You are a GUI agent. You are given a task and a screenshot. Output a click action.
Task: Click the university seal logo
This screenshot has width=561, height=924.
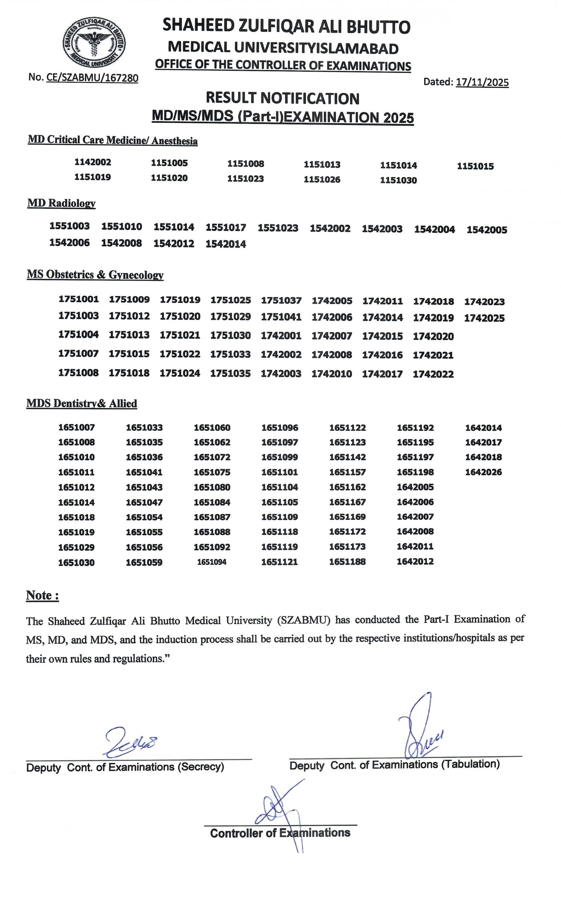tap(94, 43)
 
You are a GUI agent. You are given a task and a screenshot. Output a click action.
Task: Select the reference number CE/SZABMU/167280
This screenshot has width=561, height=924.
tap(92, 78)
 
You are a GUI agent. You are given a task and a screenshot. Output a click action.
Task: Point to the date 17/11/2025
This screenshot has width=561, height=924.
tap(482, 82)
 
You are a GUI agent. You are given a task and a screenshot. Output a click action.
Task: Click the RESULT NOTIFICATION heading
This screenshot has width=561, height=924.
tap(282, 98)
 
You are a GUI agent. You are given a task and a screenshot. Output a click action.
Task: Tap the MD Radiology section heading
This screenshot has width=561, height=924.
tap(61, 203)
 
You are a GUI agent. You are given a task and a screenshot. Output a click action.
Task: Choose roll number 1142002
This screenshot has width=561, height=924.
tap(93, 162)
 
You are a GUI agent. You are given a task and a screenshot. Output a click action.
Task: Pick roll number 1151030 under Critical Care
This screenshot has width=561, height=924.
tap(398, 181)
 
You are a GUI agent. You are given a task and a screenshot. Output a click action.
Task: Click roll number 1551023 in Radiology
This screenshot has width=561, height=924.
tap(278, 228)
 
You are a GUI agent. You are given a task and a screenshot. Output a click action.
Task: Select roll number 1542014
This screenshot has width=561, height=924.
tap(226, 244)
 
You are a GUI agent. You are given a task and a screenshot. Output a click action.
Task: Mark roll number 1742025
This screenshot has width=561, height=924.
tap(484, 319)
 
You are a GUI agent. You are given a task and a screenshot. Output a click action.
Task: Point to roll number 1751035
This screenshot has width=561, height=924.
tap(230, 373)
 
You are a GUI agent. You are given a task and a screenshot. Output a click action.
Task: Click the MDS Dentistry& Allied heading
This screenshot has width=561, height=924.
tap(82, 404)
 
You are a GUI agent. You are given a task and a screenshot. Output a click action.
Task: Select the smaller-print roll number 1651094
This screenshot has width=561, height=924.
tap(212, 562)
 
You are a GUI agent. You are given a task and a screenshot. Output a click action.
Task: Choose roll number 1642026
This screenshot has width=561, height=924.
tap(483, 472)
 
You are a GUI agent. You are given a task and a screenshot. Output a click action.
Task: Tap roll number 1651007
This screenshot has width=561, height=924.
tap(77, 427)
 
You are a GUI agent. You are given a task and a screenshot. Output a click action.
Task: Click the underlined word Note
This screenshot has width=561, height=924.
tap(42, 596)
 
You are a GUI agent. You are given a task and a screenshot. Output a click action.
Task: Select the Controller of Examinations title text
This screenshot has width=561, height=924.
tap(280, 833)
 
